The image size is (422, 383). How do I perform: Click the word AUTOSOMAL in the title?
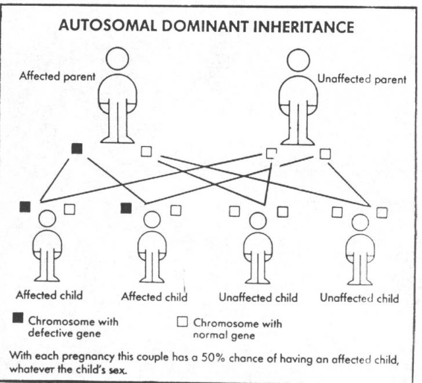pyautogui.click(x=108, y=25)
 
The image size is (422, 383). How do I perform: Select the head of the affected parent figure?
pyautogui.click(x=117, y=59)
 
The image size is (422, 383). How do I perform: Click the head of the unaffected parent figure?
pyautogui.click(x=298, y=60)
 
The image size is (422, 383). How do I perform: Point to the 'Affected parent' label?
pyautogui.click(x=57, y=76)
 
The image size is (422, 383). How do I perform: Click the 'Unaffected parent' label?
pyautogui.click(x=362, y=79)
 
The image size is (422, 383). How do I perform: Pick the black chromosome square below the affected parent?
pyautogui.click(x=77, y=148)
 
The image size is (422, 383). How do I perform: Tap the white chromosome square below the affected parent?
pyautogui.click(x=147, y=151)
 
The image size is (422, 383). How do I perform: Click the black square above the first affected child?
pyautogui.click(x=25, y=206)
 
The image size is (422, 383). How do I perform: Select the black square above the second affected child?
pyautogui.click(x=126, y=208)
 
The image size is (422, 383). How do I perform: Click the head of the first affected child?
pyautogui.click(x=48, y=218)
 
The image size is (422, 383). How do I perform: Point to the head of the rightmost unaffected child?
pyautogui.click(x=360, y=222)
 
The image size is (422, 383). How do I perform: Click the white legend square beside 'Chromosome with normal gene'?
pyautogui.click(x=182, y=322)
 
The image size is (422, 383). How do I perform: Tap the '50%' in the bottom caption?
pyautogui.click(x=213, y=359)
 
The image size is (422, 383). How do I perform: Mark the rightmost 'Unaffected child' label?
pyautogui.click(x=359, y=298)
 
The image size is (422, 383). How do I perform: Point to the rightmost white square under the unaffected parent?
pyautogui.click(x=325, y=154)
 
